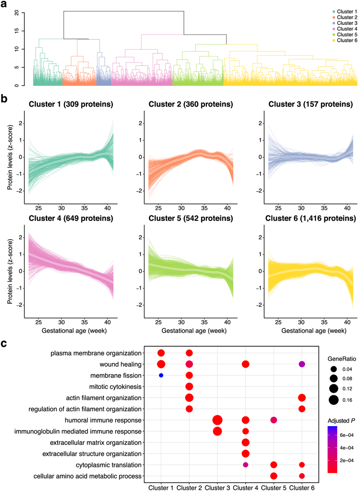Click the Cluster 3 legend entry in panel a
(x=345, y=23)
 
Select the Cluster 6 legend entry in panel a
(x=345, y=41)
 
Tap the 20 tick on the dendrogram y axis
(x=17, y=13)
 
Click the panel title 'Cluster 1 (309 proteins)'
(x=71, y=104)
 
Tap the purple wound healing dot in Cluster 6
(x=302, y=364)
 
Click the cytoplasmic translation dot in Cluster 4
(x=245, y=465)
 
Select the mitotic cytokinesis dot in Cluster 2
(x=189, y=387)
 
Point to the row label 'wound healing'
(x=120, y=364)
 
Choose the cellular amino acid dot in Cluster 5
(x=273, y=476)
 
